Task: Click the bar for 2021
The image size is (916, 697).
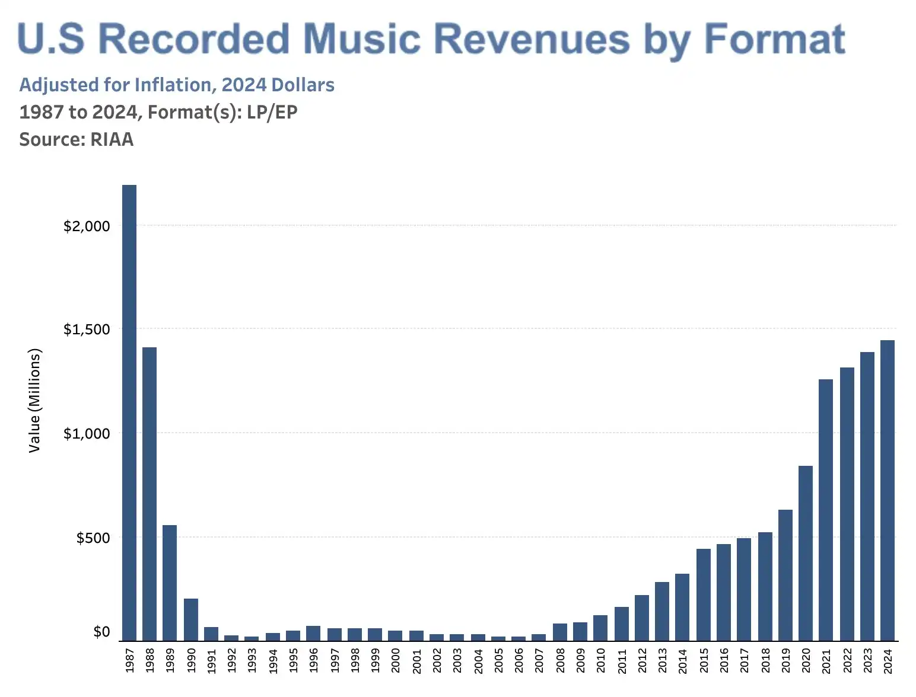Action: tap(826, 510)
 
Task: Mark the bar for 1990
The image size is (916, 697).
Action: tap(191, 619)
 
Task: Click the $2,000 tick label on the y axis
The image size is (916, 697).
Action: tap(87, 226)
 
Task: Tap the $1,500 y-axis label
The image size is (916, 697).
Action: tap(87, 330)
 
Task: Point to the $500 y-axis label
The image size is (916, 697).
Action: tap(93, 538)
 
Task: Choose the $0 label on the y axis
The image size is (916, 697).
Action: tap(101, 632)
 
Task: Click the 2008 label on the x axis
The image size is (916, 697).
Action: tap(560, 660)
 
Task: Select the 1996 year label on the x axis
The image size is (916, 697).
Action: tap(314, 660)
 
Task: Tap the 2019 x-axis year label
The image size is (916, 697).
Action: tap(785, 660)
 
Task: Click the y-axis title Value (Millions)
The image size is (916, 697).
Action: tap(35, 401)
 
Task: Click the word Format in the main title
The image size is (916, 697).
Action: tap(774, 39)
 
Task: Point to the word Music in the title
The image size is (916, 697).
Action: tap(361, 39)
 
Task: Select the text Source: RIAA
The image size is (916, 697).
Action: tap(77, 139)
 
